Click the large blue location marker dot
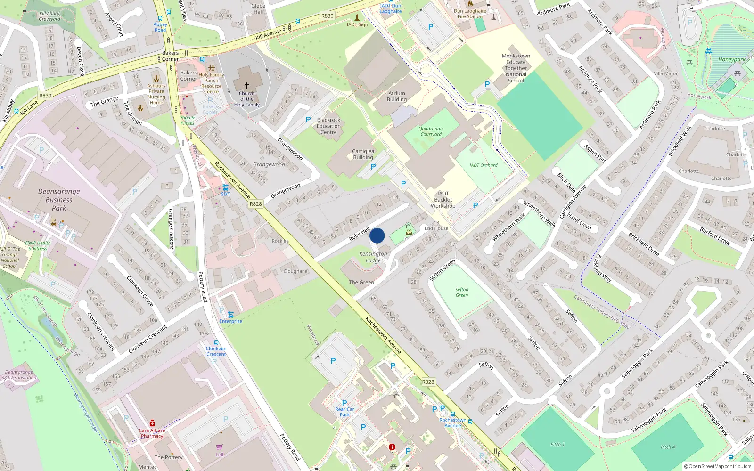[377, 235]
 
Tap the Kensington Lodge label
[373, 257]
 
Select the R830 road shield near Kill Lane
[45, 96]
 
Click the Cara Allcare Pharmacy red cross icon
[152, 423]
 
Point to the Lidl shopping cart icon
[220, 447]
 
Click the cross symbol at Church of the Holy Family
[246, 86]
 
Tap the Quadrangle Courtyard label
[431, 131]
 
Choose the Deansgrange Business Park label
[59, 200]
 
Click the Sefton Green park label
[462, 292]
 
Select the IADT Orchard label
[483, 165]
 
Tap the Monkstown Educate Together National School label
[516, 68]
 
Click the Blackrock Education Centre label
[328, 126]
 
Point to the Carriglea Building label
[363, 154]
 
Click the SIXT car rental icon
[226, 187]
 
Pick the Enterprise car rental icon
[230, 314]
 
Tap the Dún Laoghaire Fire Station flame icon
[470, 4]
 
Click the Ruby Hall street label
[359, 234]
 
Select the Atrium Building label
[397, 97]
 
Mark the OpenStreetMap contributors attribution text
[718, 466]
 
